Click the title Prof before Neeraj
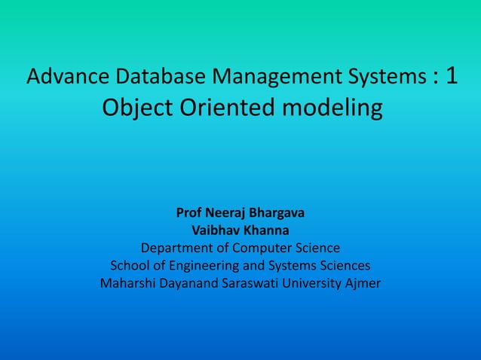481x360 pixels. coord(188,212)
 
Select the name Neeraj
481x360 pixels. coord(225,212)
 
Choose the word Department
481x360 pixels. coord(178,248)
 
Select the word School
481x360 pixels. coord(130,266)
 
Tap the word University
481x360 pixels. coord(320,284)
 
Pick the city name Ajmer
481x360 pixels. coord(364,284)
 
